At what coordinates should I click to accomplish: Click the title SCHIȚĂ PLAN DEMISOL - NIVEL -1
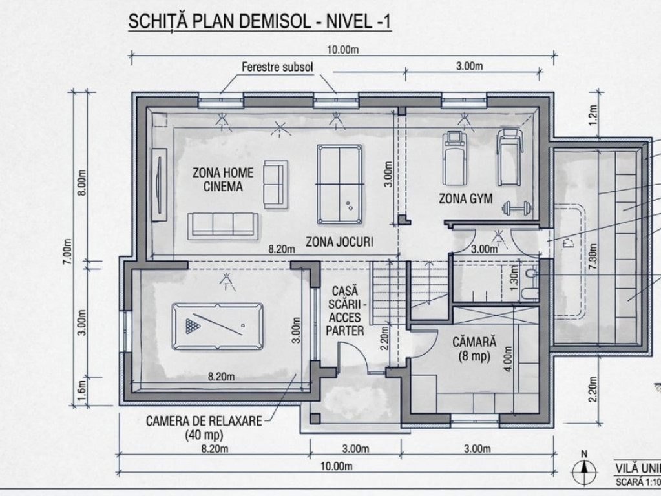click(x=260, y=21)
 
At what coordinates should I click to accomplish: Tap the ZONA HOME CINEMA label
click(x=223, y=180)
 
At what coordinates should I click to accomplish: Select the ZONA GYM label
click(x=465, y=198)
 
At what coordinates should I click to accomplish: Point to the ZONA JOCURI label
click(x=339, y=242)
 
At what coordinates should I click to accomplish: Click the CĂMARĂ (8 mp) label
click(x=474, y=349)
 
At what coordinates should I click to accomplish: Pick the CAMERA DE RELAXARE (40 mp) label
click(x=204, y=428)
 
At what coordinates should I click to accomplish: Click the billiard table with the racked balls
click(x=218, y=326)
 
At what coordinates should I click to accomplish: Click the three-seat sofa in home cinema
click(x=223, y=227)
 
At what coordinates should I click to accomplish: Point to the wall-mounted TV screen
click(x=159, y=184)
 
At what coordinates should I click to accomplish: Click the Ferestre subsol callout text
click(x=277, y=67)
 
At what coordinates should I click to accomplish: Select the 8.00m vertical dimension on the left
click(x=82, y=182)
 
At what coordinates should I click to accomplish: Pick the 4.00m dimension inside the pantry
click(x=509, y=358)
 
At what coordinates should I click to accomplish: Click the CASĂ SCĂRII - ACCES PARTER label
click(x=345, y=311)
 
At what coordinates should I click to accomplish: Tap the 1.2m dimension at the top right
click(x=593, y=114)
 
